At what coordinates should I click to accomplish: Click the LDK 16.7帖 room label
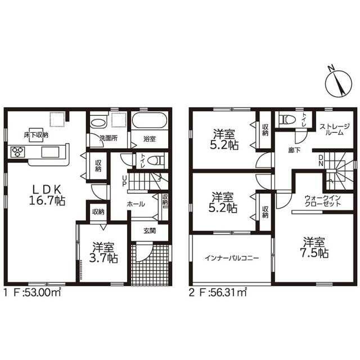(47, 195)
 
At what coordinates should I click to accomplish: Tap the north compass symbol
(339, 82)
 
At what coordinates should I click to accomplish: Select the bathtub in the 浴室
(149, 120)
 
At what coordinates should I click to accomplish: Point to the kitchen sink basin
(50, 152)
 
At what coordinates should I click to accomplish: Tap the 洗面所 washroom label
(109, 138)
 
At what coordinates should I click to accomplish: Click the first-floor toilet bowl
(156, 160)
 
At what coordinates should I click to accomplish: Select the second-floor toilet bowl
(286, 119)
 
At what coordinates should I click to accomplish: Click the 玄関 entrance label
(150, 231)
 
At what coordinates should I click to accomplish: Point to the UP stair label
(124, 181)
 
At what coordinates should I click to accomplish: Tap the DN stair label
(321, 160)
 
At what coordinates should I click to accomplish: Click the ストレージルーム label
(335, 129)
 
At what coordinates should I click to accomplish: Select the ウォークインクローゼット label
(322, 201)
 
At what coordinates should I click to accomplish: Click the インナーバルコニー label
(232, 258)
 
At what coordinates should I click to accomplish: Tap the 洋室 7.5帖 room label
(314, 247)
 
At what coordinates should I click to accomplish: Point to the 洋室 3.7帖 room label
(103, 253)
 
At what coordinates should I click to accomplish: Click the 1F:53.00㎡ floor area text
(33, 292)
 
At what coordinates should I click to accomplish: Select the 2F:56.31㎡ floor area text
(218, 292)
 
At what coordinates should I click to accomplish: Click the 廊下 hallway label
(295, 150)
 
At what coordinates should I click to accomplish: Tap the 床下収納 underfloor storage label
(36, 135)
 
